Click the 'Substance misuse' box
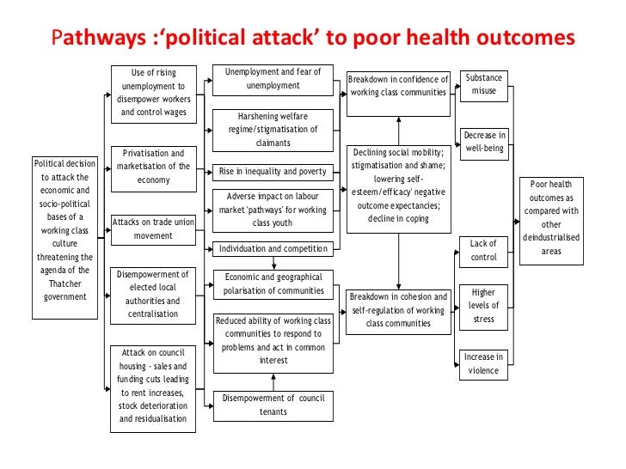483,85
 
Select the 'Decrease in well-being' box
484,142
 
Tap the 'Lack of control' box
484,250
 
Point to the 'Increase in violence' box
484,364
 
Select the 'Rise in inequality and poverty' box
272,171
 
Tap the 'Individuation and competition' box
272,249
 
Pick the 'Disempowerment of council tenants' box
273,405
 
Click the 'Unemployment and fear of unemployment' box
273,79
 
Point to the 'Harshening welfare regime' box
272,129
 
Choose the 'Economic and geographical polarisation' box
273,283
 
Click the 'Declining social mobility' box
399,186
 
